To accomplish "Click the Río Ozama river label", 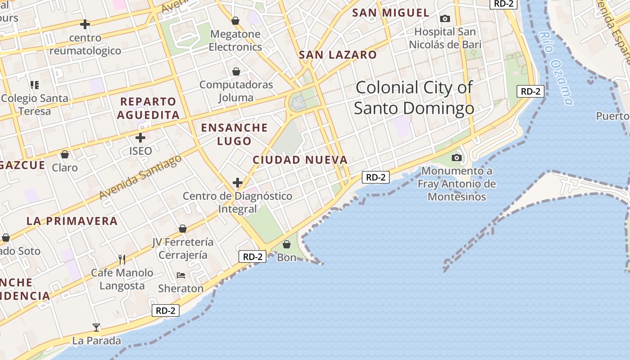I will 557,67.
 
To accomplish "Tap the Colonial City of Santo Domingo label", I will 414,98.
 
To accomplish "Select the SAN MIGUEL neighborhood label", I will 391,13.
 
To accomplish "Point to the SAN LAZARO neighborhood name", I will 338,55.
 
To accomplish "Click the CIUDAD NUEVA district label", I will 300,160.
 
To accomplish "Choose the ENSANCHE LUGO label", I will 234,134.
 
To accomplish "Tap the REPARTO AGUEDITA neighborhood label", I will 148,108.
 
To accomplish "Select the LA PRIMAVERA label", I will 72,221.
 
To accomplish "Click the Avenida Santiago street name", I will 140,177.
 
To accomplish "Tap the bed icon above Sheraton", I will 181,275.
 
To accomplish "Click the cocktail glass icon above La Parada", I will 96,327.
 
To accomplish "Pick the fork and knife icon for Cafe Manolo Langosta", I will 121,259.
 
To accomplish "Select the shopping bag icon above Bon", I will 287,244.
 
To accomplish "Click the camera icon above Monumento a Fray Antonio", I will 457,157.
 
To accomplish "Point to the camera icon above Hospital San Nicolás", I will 445,18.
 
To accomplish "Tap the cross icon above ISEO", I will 140,137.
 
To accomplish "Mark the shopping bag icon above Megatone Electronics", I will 235,21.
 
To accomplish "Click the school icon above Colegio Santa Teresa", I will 35,85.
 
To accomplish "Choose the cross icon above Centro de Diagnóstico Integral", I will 238,183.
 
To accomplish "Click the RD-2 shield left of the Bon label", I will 252,256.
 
